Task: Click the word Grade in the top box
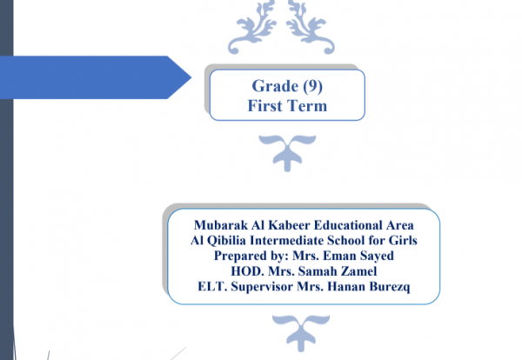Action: click(275, 86)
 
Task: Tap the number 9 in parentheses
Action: click(312, 85)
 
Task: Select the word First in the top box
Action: click(264, 106)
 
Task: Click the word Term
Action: click(306, 106)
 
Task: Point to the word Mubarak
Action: click(221, 225)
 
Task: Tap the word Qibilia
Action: click(226, 241)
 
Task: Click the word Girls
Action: click(403, 240)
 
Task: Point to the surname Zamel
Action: click(358, 271)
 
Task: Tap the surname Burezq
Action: click(390, 287)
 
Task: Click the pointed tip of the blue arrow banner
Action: click(191, 77)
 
